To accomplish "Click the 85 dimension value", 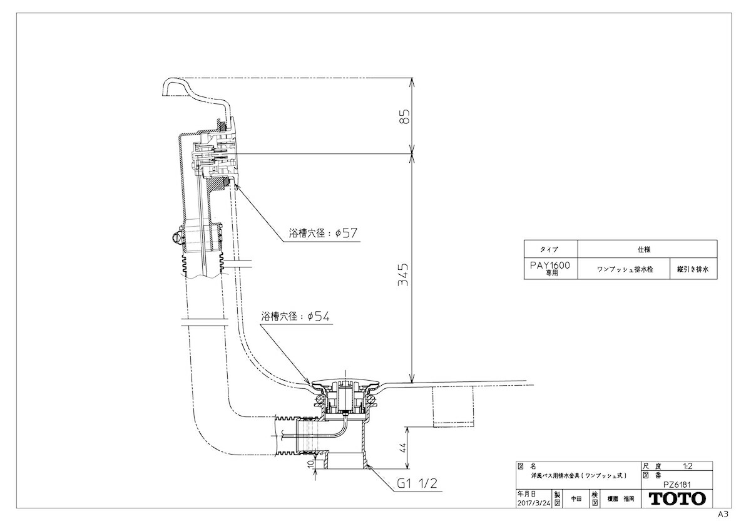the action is click(x=405, y=116).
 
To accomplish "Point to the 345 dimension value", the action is click(x=403, y=274).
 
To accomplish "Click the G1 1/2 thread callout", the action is click(x=417, y=483).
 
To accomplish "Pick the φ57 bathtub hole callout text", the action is click(x=323, y=233).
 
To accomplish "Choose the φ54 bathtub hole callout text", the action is click(x=295, y=316).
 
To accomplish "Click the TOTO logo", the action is click(x=677, y=499).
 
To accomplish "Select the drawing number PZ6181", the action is click(x=677, y=485).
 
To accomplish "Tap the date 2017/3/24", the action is click(x=534, y=503).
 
